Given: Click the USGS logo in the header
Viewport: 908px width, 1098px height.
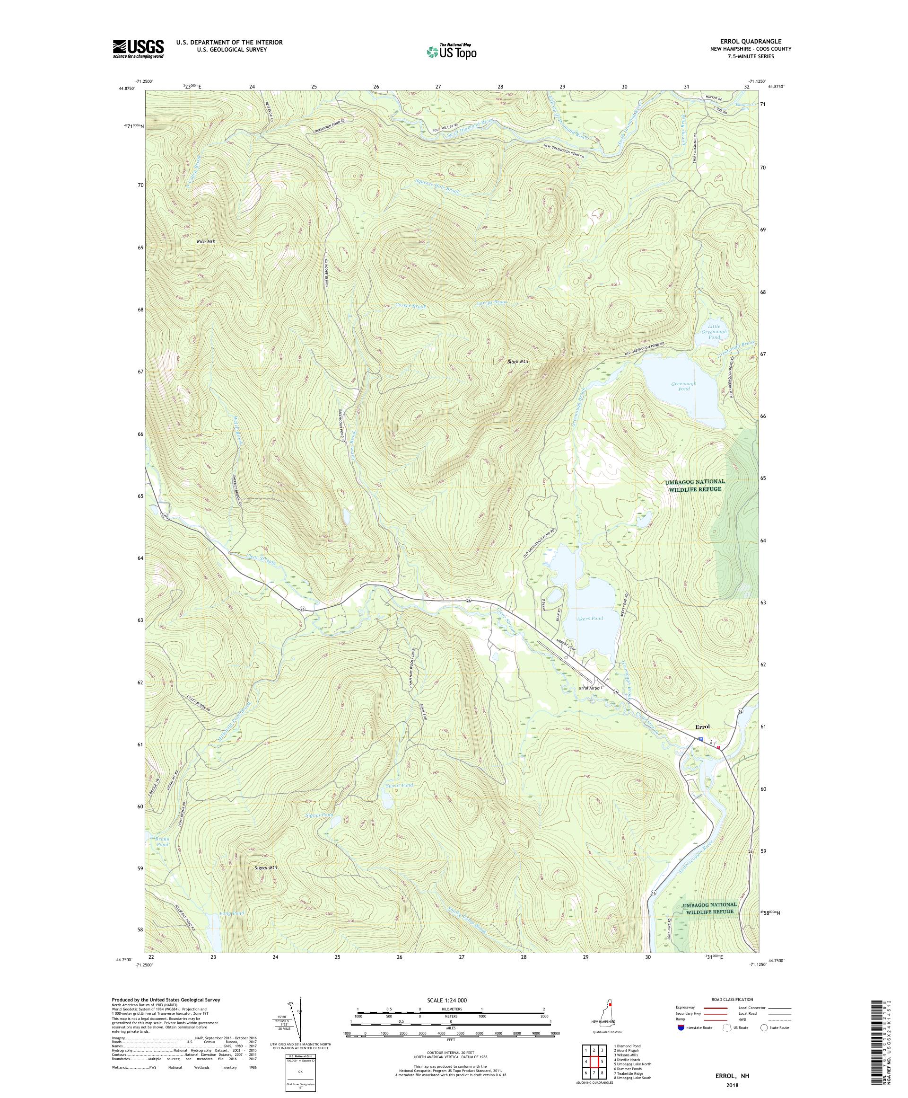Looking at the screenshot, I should tap(138, 49).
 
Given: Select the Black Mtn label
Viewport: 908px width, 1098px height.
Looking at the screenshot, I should tap(518, 361).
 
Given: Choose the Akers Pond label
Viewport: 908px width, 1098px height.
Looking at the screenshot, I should tap(590, 618).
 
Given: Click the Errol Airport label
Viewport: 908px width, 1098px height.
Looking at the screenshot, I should tap(590, 688).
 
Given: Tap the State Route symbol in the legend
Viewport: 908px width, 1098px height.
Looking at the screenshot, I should tap(764, 1027).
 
